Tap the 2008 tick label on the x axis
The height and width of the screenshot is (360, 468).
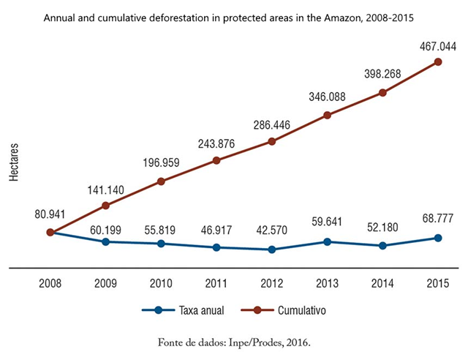50,283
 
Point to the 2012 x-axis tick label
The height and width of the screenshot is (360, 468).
272,283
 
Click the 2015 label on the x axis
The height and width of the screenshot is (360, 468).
438,283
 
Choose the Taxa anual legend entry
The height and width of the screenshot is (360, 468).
183,310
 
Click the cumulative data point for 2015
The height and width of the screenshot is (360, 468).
438,61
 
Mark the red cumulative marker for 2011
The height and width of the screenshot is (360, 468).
216,160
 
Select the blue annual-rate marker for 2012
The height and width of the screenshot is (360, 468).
272,250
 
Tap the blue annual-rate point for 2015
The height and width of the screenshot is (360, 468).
438,238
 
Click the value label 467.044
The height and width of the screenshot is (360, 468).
438,45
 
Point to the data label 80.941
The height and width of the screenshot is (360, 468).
50,216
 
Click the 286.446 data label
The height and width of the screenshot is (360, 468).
272,125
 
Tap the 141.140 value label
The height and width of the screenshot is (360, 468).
106,190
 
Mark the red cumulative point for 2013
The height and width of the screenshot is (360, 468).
328,115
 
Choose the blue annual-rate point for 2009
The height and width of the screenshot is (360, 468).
106,241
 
